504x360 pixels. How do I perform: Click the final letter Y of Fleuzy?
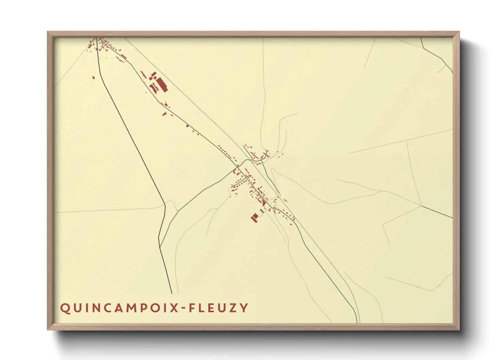(244, 308)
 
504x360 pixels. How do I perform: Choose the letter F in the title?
(193, 308)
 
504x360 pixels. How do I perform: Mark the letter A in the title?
(117, 308)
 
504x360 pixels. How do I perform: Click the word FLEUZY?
(218, 308)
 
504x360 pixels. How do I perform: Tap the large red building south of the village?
(254, 218)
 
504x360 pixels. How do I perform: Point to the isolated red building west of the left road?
(93, 78)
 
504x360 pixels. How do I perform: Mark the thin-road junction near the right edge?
(422, 206)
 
